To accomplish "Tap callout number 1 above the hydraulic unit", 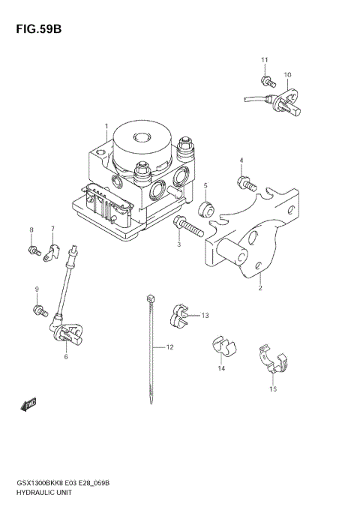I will [x=106, y=126].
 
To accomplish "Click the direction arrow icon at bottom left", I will [x=28, y=406].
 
